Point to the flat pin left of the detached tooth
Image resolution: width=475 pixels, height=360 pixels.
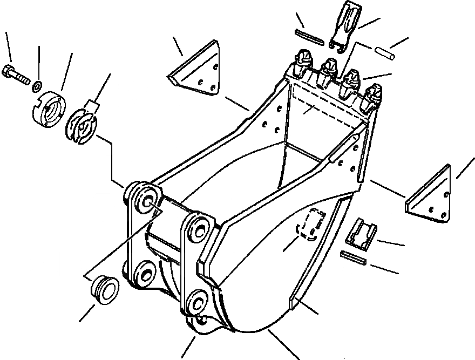pos(309,36)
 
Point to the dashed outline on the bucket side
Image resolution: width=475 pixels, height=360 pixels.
pos(311,224)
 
